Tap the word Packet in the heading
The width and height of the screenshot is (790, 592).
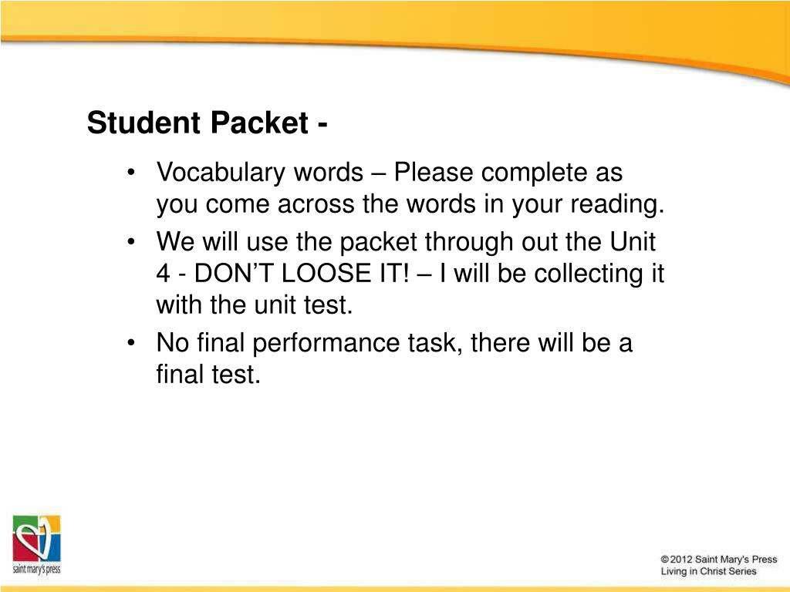click(259, 123)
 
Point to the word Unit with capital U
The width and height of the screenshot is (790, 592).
click(633, 241)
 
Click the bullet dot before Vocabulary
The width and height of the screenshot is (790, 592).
click(131, 173)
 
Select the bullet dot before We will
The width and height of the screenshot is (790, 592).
click(131, 242)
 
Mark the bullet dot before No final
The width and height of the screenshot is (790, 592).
click(131, 343)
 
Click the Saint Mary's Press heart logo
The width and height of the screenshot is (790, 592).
click(36, 539)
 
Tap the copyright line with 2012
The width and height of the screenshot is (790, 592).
click(719, 560)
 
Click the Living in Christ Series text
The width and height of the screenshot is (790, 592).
click(709, 571)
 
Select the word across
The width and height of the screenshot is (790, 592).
click(316, 204)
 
